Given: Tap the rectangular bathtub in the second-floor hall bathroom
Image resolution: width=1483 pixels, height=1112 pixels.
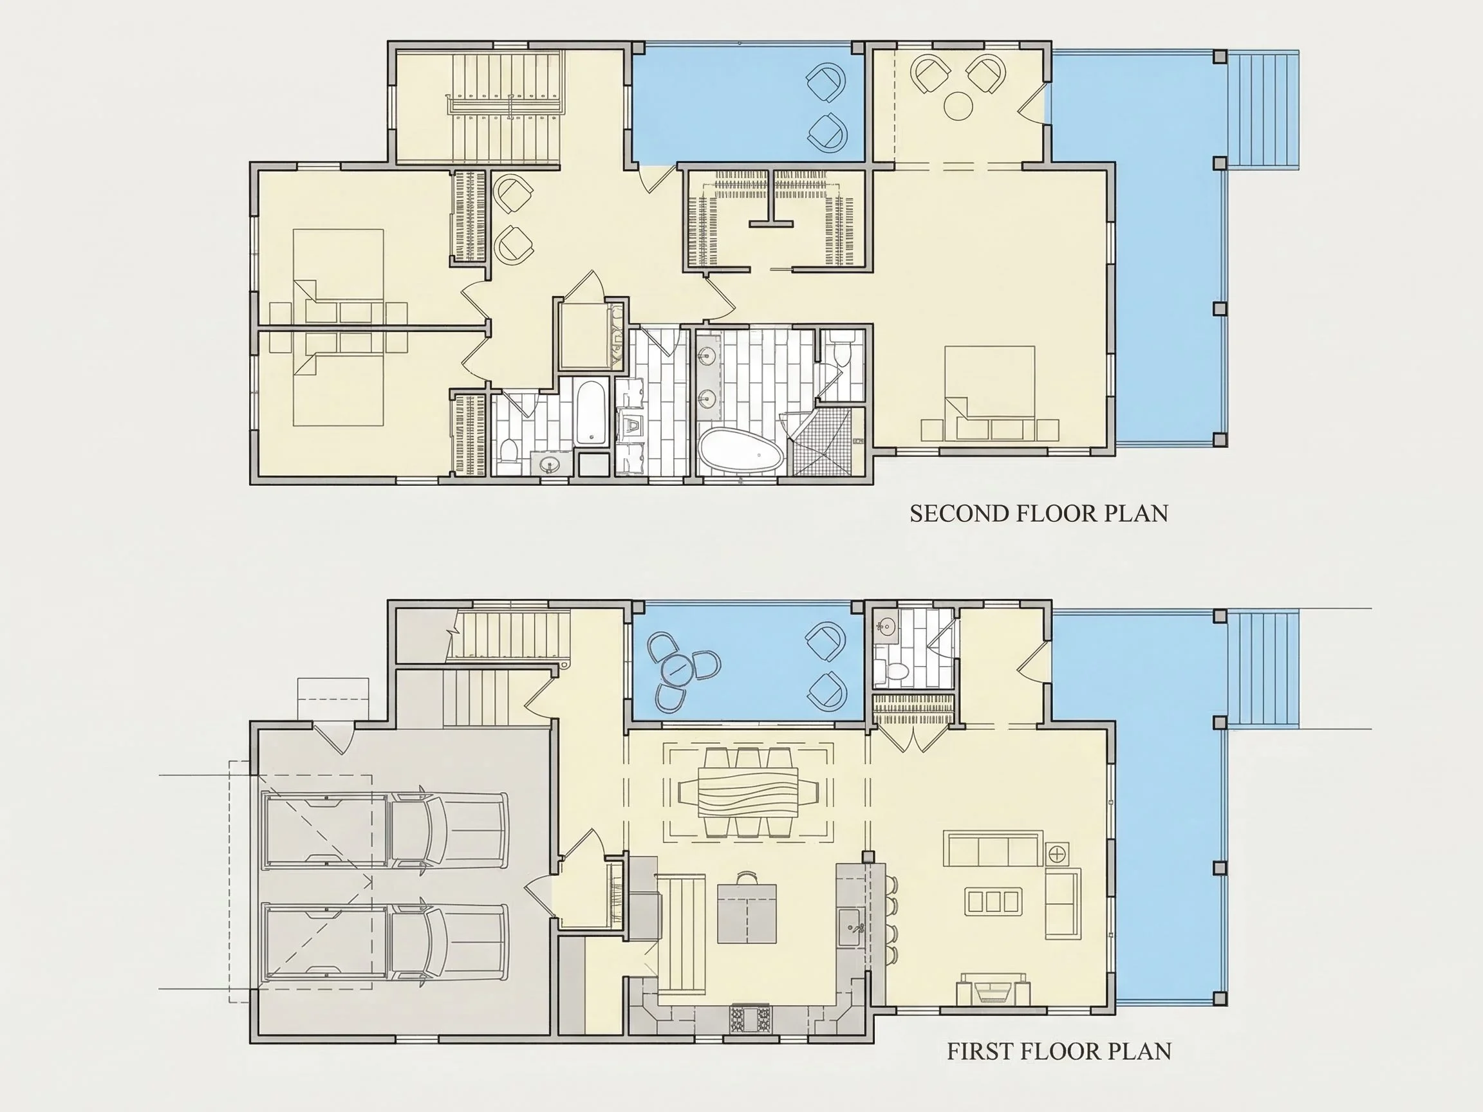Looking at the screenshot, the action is tap(592, 413).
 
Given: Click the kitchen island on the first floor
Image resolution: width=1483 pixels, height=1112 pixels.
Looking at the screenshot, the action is tap(747, 913).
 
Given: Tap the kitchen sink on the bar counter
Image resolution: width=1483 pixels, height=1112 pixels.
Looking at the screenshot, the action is tap(850, 927).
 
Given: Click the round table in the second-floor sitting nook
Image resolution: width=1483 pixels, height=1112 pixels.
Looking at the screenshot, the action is tap(958, 106).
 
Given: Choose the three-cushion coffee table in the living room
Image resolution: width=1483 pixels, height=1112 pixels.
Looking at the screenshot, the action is tap(993, 901).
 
